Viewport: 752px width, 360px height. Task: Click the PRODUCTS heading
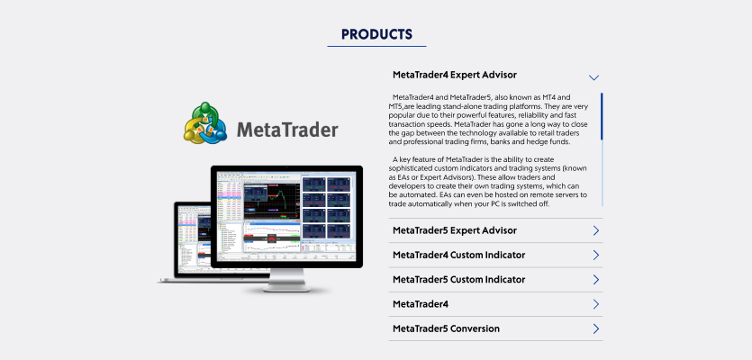(376, 34)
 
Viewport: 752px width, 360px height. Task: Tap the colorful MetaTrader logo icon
(204, 123)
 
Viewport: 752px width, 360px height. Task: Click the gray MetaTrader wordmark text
(287, 130)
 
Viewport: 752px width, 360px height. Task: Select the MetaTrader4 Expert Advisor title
(455, 75)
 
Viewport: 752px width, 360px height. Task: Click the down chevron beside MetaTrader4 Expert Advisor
(593, 77)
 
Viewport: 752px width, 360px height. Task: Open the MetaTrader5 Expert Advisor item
(455, 230)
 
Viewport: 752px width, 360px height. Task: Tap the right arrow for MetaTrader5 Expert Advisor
(596, 230)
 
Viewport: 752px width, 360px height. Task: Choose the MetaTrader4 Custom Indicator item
(458, 255)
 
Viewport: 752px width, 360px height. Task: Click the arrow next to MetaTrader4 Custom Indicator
(596, 255)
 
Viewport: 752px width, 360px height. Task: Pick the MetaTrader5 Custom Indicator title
(458, 280)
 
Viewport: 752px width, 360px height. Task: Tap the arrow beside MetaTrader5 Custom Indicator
(596, 280)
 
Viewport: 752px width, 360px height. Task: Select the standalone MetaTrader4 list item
(420, 304)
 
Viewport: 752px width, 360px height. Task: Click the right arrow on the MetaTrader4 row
(596, 304)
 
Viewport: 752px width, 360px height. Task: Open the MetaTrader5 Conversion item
(446, 328)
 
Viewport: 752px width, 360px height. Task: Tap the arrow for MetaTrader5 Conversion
(596, 328)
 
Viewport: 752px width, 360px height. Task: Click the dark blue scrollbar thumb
(602, 116)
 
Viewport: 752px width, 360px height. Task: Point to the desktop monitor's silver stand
(286, 280)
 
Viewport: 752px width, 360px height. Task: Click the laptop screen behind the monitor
(195, 238)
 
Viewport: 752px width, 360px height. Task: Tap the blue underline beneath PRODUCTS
(376, 47)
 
